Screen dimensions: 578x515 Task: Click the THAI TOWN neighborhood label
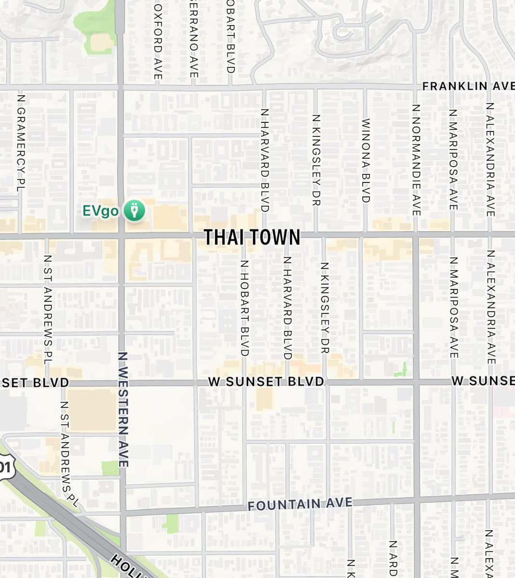(x=252, y=237)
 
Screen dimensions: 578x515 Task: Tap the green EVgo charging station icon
(x=134, y=211)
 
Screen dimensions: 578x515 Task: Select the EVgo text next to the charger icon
(x=100, y=211)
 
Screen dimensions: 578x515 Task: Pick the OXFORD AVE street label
(x=158, y=42)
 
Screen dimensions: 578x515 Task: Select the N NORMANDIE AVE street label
(x=416, y=159)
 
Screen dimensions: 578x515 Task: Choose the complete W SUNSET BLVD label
(x=266, y=381)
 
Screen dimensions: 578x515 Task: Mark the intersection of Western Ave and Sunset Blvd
(x=122, y=383)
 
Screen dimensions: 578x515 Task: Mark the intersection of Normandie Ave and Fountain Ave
(x=416, y=499)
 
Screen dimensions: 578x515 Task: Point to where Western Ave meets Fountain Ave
(x=123, y=512)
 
